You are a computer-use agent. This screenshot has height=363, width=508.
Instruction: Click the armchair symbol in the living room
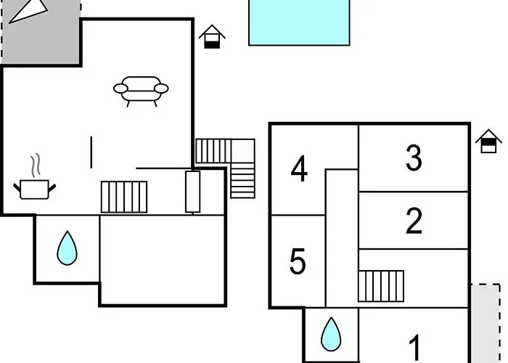(x=141, y=89)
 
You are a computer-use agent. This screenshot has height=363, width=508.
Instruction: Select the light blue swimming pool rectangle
(x=300, y=22)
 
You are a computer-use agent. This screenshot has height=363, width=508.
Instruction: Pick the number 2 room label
(x=414, y=221)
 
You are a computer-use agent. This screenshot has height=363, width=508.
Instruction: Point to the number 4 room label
(x=299, y=170)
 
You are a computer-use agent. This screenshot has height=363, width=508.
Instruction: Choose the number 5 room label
(x=298, y=262)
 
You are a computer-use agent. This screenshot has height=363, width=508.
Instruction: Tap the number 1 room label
(x=415, y=348)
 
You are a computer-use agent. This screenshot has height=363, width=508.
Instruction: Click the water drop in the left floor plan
(x=67, y=248)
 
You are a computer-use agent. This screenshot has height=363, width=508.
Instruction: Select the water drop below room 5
(x=331, y=334)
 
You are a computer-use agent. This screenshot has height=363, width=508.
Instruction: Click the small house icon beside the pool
(x=212, y=37)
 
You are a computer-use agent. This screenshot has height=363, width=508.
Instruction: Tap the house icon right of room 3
(x=489, y=141)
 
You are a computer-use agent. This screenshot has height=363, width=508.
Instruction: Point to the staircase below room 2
(x=381, y=285)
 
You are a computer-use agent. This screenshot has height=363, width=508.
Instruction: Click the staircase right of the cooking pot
(x=124, y=197)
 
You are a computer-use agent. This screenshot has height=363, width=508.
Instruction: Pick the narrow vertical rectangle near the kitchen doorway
(x=192, y=192)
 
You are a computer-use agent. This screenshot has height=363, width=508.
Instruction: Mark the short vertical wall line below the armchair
(x=91, y=152)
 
